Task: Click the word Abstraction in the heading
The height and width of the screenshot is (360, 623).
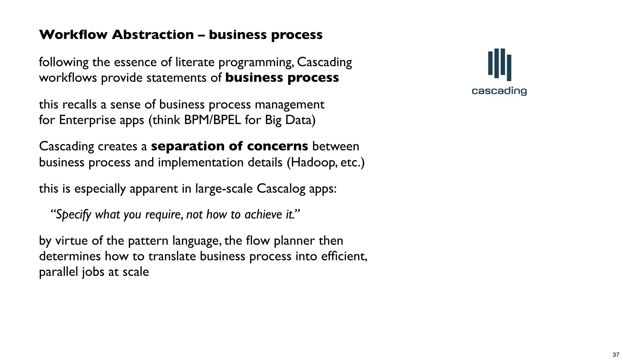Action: coord(153,35)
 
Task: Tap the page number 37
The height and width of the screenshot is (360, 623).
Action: coord(616,355)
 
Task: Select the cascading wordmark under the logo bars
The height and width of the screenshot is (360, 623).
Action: coord(499,91)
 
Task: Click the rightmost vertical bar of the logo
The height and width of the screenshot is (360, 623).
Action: coord(509,67)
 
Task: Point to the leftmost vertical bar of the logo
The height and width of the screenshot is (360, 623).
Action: coord(490,63)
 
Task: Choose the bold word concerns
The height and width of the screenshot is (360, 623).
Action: coord(277,146)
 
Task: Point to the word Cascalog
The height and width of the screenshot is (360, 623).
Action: coord(281,189)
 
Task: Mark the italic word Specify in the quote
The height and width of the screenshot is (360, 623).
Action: coord(73,215)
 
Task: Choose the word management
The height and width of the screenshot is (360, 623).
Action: coord(289,105)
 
